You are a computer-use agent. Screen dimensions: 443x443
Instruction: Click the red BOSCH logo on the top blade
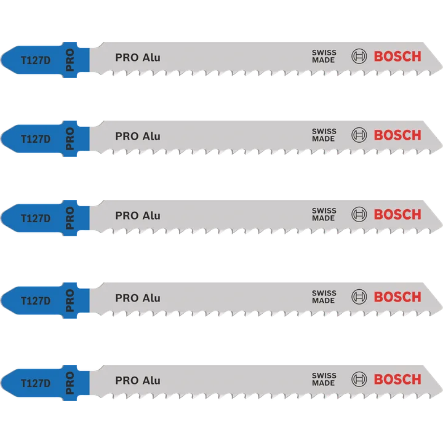[x=397, y=57]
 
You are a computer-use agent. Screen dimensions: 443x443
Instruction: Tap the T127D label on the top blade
[x=36, y=60]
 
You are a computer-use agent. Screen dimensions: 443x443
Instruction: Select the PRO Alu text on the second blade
[x=138, y=136]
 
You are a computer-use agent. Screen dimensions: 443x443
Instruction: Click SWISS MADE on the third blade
[x=324, y=215]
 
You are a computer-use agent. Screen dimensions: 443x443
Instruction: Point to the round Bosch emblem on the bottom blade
[x=359, y=379]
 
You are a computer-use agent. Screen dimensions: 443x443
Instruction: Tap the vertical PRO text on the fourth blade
[x=70, y=300]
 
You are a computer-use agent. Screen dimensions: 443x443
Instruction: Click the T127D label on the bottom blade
[x=36, y=383]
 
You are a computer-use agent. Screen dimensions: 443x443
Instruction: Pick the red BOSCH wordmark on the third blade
[x=397, y=215]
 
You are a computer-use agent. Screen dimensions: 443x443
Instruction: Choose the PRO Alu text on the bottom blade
[x=138, y=381]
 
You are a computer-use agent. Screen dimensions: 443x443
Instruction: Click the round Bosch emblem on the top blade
[x=359, y=56]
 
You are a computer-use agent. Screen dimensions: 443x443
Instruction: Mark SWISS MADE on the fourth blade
[x=324, y=297]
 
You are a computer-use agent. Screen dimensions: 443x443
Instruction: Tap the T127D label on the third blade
[x=36, y=218]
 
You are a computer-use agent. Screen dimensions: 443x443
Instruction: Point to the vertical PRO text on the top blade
[x=70, y=60]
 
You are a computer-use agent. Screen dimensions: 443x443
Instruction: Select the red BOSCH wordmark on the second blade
[x=397, y=135]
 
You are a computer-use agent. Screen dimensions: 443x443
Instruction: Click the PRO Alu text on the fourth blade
[x=138, y=298]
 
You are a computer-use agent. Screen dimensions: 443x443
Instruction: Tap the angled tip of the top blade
[x=441, y=68]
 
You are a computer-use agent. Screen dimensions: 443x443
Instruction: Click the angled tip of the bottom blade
[x=441, y=391]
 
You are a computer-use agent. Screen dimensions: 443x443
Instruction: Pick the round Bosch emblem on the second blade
[x=359, y=135]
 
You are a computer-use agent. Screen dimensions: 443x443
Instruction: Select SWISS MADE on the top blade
[x=324, y=56]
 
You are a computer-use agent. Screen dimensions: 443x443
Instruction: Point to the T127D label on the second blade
[x=36, y=139]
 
